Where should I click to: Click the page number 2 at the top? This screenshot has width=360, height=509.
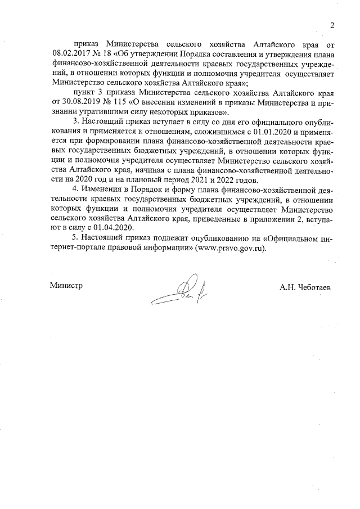pos(332,25)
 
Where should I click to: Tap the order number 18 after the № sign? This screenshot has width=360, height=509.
pos(107,53)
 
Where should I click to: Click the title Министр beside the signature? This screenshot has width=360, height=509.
pos(66,286)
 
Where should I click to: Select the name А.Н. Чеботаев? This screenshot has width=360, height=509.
pos(305,287)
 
